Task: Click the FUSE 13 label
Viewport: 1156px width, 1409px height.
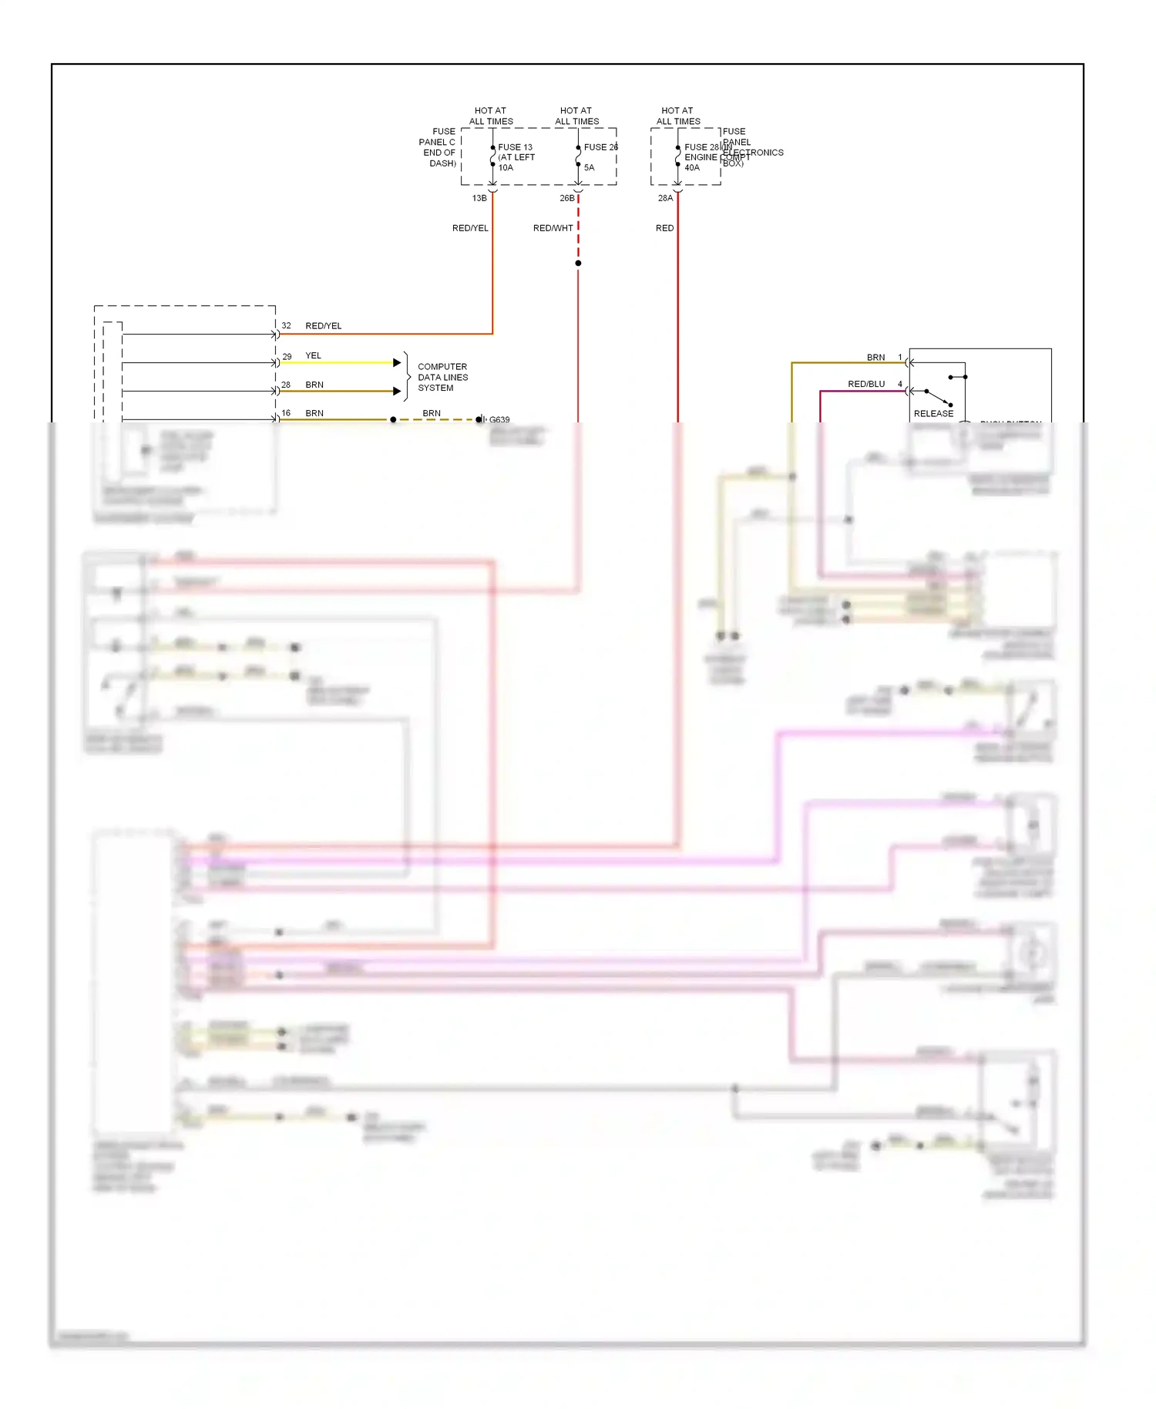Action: [515, 147]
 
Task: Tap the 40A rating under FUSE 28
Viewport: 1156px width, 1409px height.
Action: [692, 168]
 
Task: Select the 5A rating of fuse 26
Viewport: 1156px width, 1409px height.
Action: [589, 168]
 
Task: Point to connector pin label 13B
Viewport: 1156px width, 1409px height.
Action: [479, 199]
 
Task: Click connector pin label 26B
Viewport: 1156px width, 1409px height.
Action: [566, 199]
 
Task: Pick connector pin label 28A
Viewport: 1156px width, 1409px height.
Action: [665, 199]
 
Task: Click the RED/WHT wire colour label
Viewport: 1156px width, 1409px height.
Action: [553, 228]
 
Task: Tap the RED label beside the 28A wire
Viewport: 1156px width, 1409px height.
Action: [664, 228]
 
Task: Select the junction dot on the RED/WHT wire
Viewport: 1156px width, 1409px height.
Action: [578, 264]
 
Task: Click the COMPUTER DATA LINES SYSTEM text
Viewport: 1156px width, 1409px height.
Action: [442, 378]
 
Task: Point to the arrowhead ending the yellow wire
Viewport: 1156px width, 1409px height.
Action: [397, 362]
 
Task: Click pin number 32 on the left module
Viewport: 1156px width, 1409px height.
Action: [286, 326]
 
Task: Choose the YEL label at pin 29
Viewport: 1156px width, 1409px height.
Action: [313, 356]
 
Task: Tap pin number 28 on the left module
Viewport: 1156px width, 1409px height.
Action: [286, 385]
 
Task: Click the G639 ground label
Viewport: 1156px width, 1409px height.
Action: [499, 420]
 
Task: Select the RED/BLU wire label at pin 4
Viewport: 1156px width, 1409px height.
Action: [866, 385]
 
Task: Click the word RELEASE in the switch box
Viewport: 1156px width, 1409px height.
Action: [933, 414]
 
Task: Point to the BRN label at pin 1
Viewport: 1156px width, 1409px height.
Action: [875, 358]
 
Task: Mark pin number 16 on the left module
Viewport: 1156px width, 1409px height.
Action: [286, 413]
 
